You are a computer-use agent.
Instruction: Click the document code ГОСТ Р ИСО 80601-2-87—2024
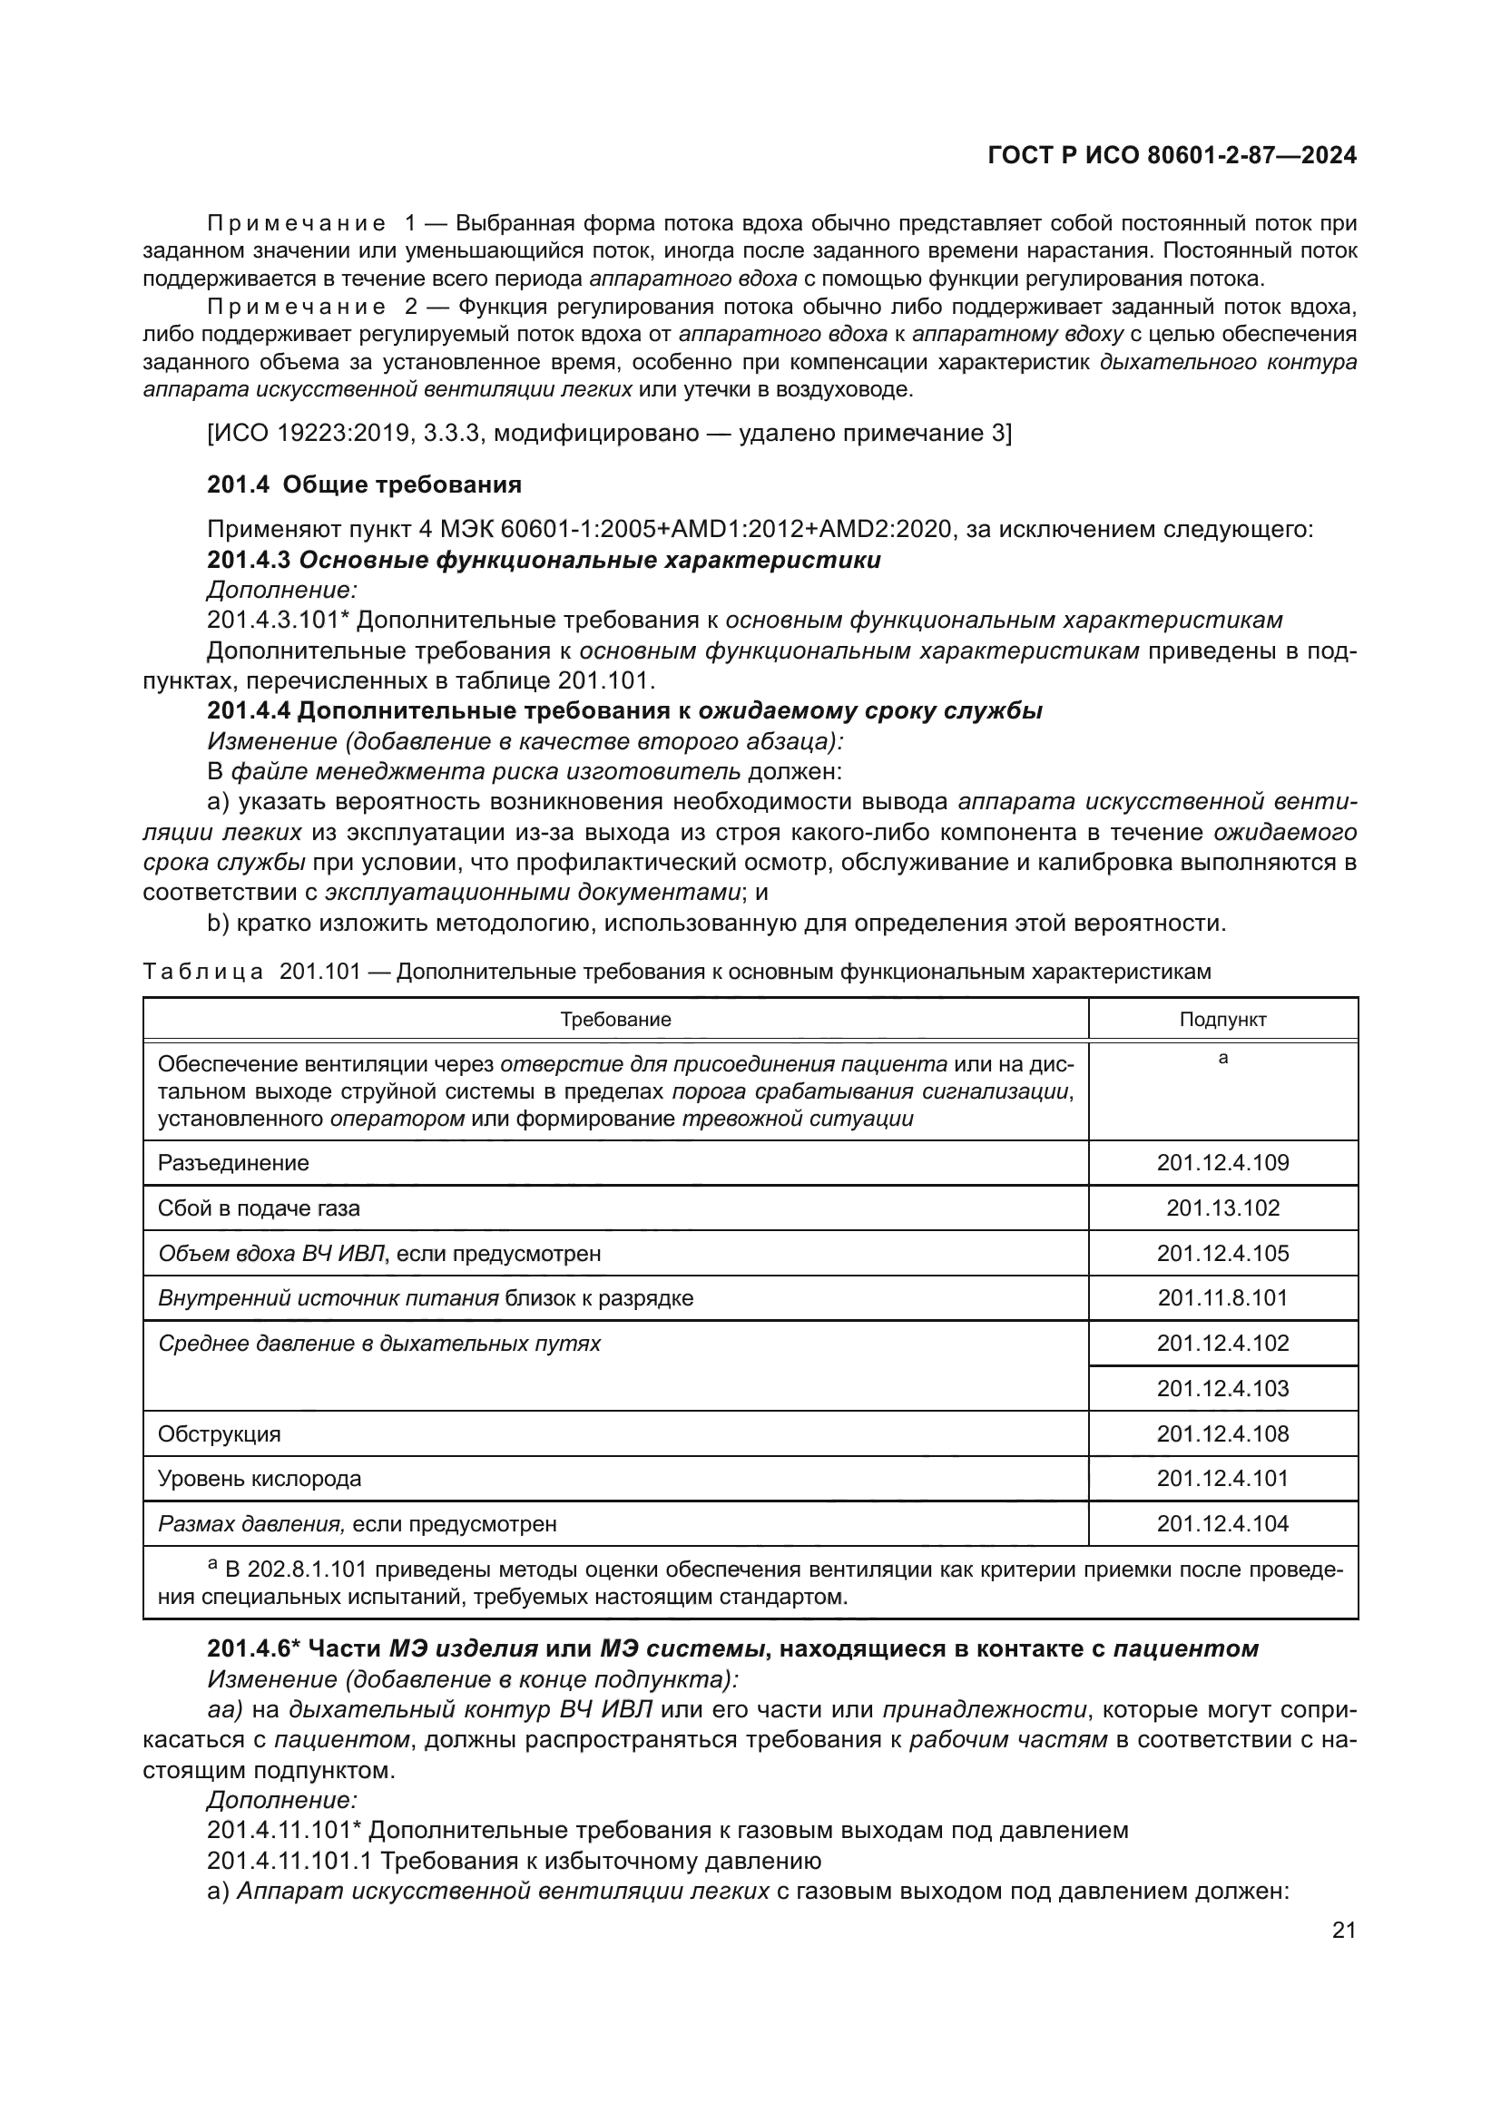click(x=1172, y=155)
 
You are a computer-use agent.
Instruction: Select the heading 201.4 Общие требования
click(x=364, y=484)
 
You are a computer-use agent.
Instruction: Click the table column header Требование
click(x=615, y=1020)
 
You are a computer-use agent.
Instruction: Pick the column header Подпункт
click(x=1221, y=1020)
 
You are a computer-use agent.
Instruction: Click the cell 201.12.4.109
click(x=1221, y=1163)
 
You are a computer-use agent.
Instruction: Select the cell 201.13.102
click(x=1221, y=1208)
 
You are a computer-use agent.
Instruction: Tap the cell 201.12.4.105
click(x=1221, y=1253)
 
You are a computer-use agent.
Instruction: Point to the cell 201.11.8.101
click(x=1221, y=1297)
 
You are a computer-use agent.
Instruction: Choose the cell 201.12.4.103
click(x=1221, y=1388)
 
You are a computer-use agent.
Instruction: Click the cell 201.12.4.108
click(x=1221, y=1433)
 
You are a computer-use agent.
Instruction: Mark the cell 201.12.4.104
click(x=1221, y=1523)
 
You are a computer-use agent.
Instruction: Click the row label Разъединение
click(x=233, y=1163)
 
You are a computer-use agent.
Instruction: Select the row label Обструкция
click(x=219, y=1433)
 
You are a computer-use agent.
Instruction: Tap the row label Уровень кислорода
click(x=260, y=1479)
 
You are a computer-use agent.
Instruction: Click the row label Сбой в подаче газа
click(x=259, y=1208)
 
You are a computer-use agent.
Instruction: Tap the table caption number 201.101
click(x=319, y=972)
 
